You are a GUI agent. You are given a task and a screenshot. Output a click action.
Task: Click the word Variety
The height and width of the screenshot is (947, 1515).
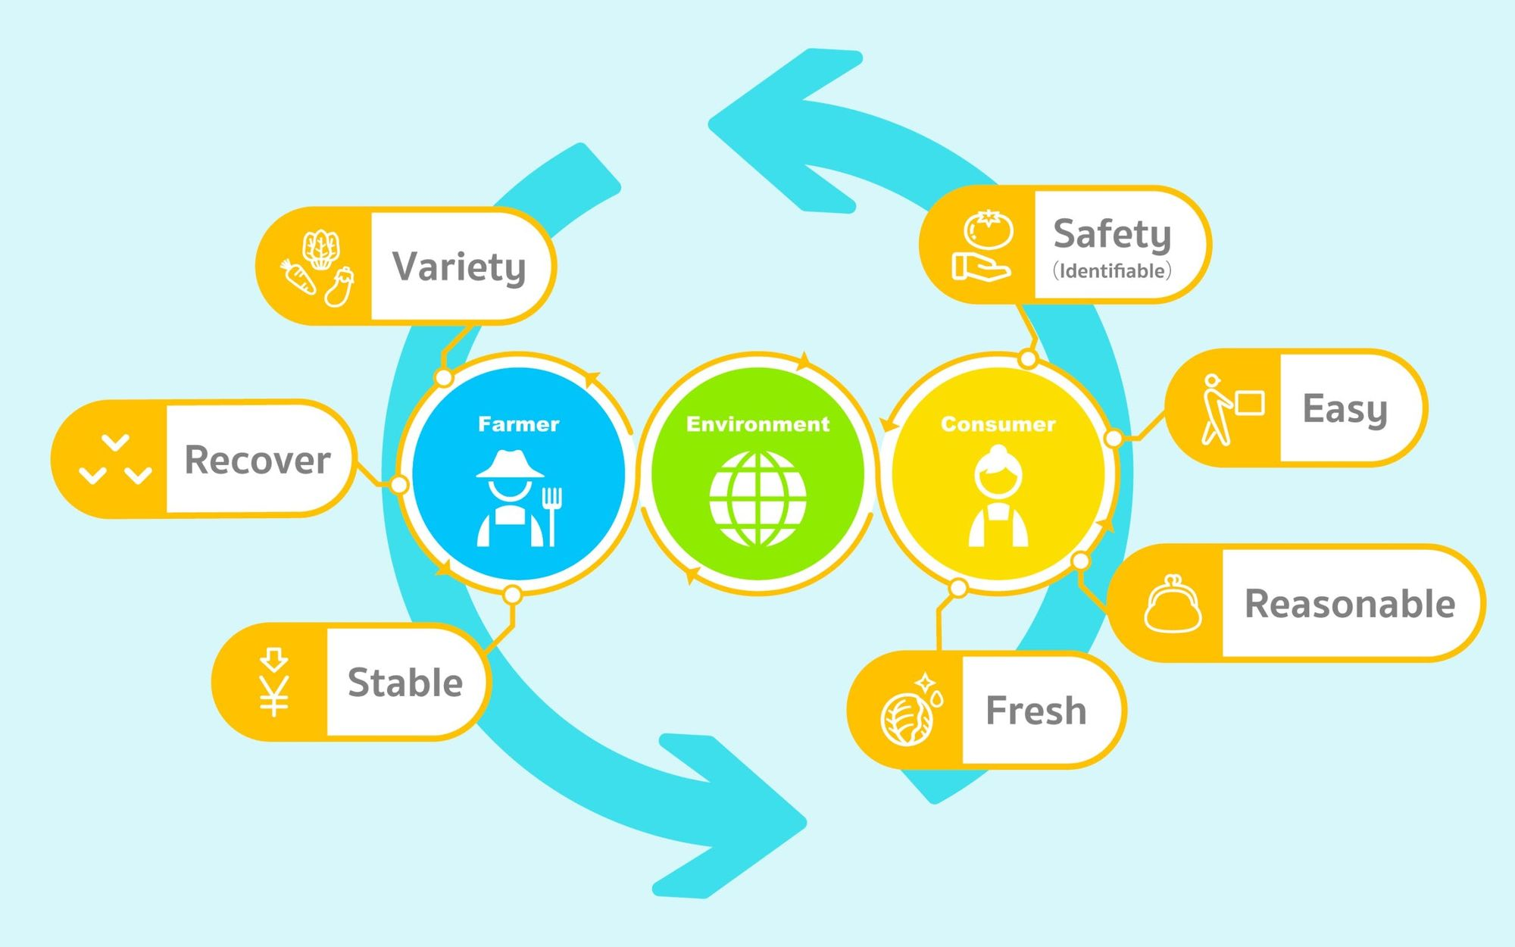pyautogui.click(x=459, y=267)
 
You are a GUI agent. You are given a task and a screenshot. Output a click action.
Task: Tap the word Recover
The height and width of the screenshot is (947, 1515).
pyautogui.click(x=258, y=460)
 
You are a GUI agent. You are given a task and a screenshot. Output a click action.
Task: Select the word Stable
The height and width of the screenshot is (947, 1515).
pyautogui.click(x=405, y=682)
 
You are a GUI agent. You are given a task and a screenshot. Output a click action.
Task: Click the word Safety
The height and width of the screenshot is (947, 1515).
pyautogui.click(x=1112, y=235)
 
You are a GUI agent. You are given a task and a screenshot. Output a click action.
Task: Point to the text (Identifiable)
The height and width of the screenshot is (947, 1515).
pyautogui.click(x=1112, y=270)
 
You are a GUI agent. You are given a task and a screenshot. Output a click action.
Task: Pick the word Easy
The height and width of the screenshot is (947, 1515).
pyautogui.click(x=1345, y=410)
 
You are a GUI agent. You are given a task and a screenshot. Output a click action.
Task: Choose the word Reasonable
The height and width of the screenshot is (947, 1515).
pyautogui.click(x=1350, y=604)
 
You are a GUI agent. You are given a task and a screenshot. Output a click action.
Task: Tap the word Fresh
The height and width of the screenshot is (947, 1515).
pyautogui.click(x=1036, y=711)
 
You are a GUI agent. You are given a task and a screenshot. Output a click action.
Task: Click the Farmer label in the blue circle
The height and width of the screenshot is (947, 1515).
pyautogui.click(x=519, y=424)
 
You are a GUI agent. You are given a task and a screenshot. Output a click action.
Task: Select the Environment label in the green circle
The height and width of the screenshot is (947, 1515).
pyautogui.click(x=757, y=424)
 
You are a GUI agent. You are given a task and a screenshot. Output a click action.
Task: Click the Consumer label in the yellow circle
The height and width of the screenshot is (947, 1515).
pyautogui.click(x=998, y=424)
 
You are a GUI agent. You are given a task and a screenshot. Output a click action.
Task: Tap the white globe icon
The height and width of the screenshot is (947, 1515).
pyautogui.click(x=757, y=499)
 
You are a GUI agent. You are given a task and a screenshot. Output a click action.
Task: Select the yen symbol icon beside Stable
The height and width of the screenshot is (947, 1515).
pyautogui.click(x=273, y=682)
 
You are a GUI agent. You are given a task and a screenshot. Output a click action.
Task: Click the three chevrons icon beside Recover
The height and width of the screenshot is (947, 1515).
pyautogui.click(x=115, y=460)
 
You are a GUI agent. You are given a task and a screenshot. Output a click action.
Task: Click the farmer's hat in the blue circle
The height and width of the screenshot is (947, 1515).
pyautogui.click(x=510, y=464)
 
